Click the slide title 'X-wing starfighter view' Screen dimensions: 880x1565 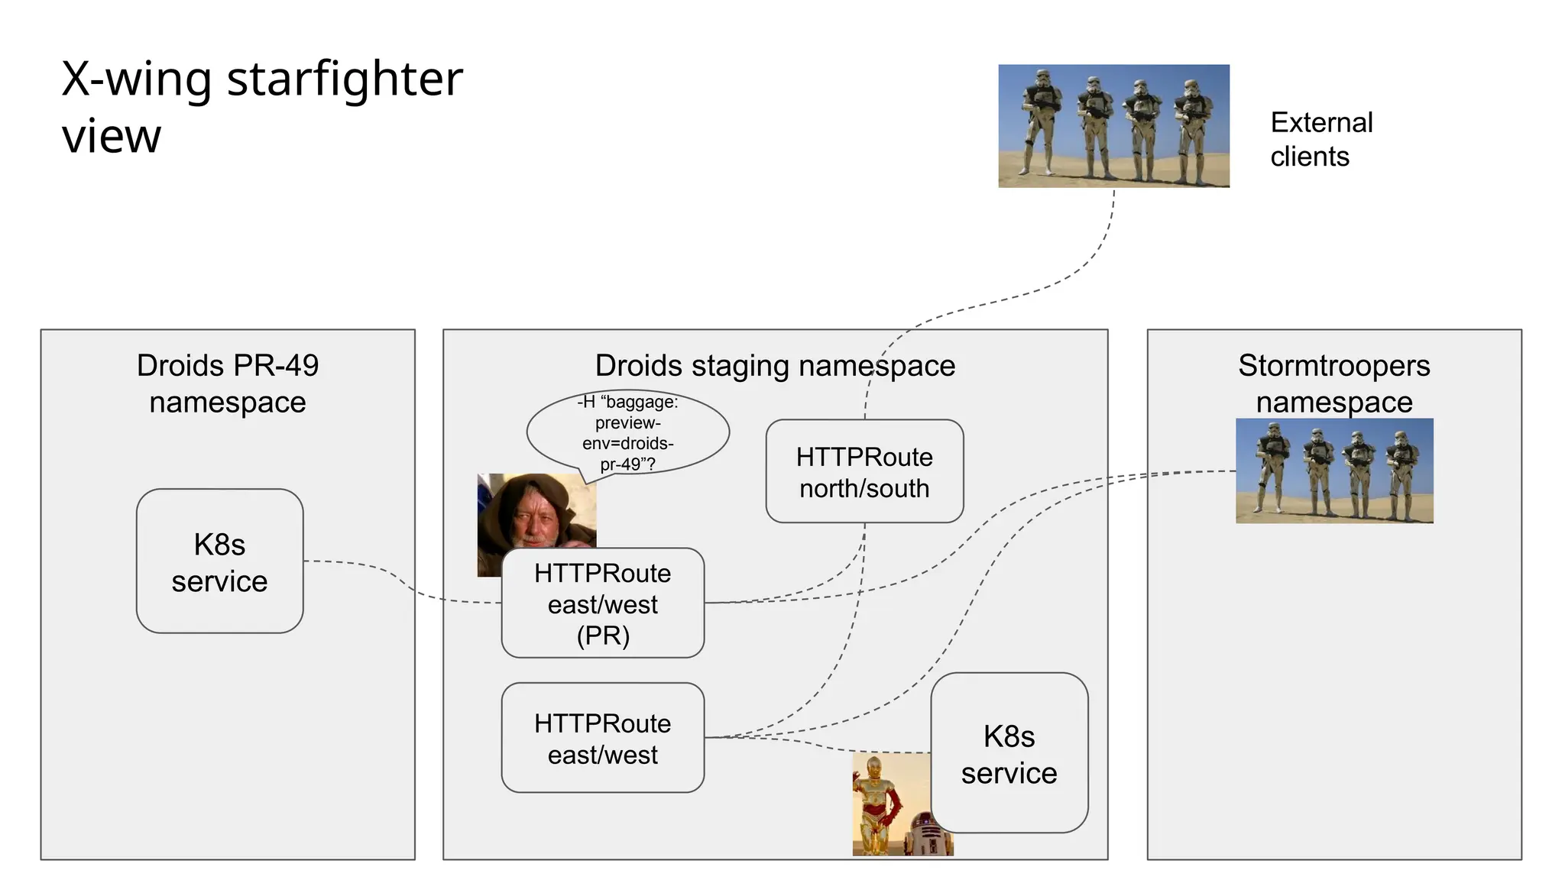(261, 107)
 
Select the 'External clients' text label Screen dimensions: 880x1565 (1321, 139)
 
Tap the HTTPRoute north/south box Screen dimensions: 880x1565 (864, 471)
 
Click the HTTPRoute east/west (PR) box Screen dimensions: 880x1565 (602, 603)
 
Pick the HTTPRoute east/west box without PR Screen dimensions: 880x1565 (602, 738)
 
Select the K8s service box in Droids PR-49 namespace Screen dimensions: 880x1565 (219, 561)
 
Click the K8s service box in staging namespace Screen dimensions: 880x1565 (1009, 754)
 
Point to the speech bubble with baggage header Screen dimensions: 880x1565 (627, 432)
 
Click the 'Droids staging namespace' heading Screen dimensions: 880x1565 (775, 366)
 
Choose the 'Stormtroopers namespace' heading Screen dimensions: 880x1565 (1333, 383)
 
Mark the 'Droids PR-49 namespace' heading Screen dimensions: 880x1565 (228, 383)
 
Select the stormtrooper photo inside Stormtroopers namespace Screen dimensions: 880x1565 (1333, 471)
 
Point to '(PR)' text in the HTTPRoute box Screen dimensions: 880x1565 (602, 636)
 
